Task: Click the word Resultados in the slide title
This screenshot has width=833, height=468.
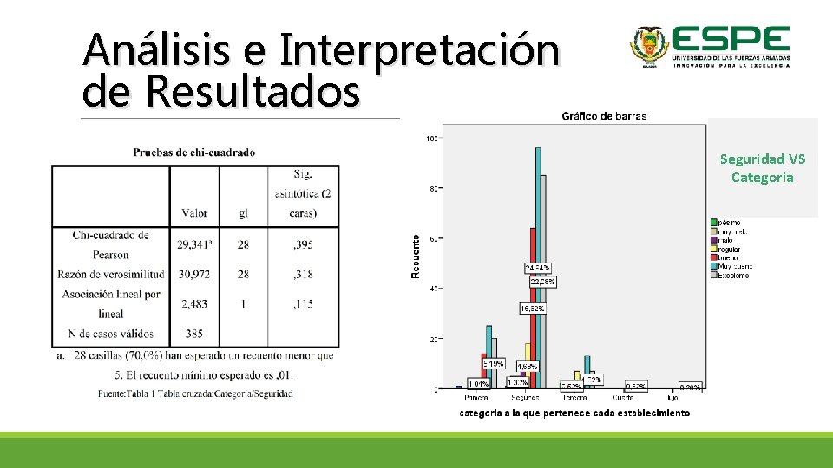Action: click(x=253, y=91)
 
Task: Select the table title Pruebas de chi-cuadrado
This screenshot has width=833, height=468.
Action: click(x=194, y=153)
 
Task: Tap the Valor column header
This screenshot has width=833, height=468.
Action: click(x=194, y=213)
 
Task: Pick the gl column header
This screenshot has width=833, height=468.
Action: click(x=243, y=213)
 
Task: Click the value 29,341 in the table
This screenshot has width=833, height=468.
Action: click(x=194, y=244)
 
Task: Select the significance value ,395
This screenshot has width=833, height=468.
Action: click(x=303, y=244)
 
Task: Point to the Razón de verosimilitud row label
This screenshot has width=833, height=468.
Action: click(x=111, y=274)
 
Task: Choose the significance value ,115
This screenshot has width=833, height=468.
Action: click(x=303, y=304)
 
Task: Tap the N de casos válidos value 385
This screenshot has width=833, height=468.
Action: click(x=194, y=334)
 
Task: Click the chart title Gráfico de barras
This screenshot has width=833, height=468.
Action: click(x=604, y=116)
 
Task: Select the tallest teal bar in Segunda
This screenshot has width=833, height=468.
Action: click(x=538, y=269)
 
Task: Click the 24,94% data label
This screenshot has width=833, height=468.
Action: click(x=537, y=268)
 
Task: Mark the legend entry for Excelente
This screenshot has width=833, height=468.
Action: click(x=733, y=275)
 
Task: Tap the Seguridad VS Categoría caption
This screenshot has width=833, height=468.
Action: click(x=763, y=168)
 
